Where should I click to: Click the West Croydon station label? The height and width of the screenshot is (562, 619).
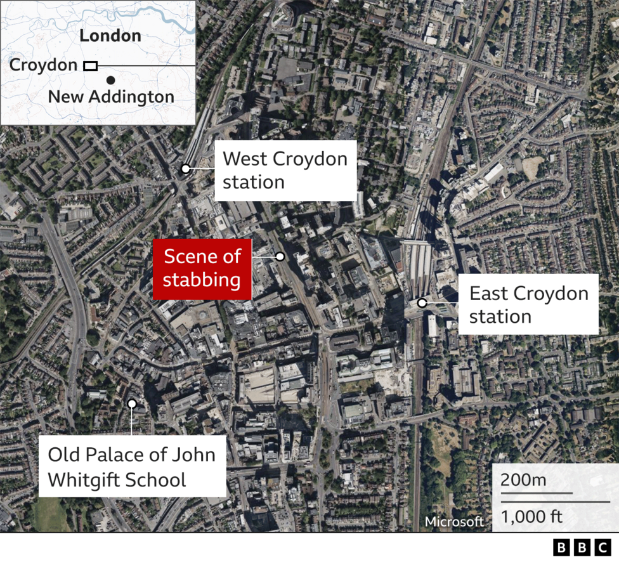coord(285,170)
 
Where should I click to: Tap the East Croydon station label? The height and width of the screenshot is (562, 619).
coord(528,304)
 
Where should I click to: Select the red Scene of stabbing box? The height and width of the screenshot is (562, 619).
coord(202,268)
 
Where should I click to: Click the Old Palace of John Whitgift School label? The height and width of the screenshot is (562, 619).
coord(132,466)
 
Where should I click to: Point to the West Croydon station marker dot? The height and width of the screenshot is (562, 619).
coord(185,169)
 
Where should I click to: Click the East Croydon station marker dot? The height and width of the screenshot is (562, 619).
coord(422,303)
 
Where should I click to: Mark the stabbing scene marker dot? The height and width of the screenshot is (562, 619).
coord(280,256)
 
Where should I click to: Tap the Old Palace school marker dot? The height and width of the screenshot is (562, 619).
coord(132,403)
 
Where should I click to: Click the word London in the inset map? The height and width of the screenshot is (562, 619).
coord(110,36)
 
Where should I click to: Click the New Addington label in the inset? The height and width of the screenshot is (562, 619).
coord(111,97)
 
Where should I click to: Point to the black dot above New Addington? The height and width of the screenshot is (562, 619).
coord(111,80)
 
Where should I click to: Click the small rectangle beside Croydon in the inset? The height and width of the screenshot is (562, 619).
coord(91,65)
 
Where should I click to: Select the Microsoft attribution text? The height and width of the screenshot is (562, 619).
coord(454,521)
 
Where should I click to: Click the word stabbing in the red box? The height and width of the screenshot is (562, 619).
coord(202,280)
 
